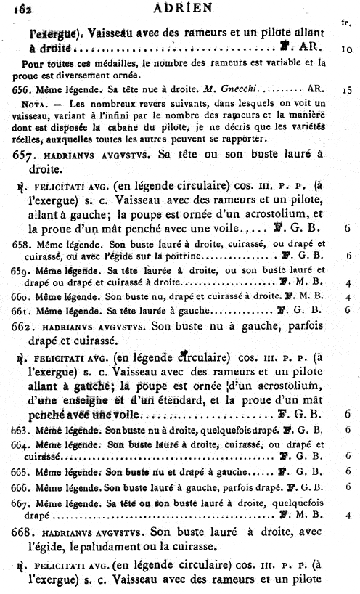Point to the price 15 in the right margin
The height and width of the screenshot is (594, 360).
coord(347,91)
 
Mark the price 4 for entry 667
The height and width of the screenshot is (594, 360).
coord(349,516)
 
